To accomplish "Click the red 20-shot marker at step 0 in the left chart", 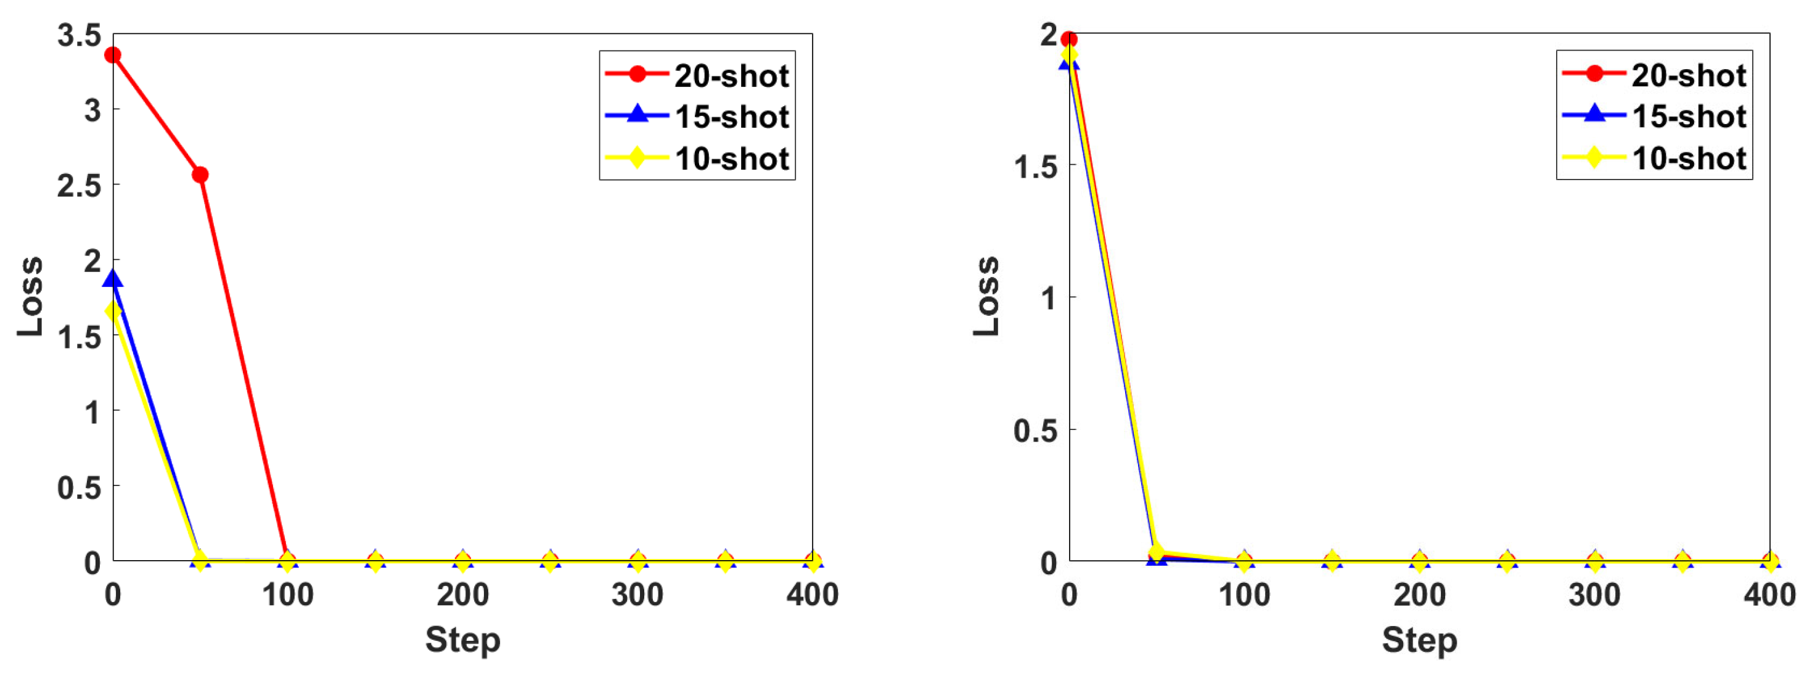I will point(113,55).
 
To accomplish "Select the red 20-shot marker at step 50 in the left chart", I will point(200,175).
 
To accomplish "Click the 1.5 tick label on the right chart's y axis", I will point(1035,167).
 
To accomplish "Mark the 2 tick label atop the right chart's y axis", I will point(1049,34).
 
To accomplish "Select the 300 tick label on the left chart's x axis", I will point(637,595).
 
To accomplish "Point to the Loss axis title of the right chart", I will point(986,296).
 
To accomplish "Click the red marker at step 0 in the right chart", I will point(1069,39).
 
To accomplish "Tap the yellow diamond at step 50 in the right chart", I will point(1157,552).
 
